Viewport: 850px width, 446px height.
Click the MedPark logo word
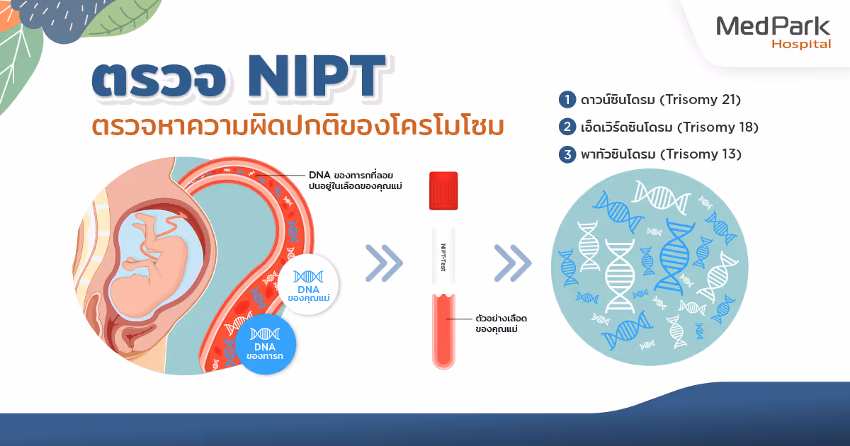click(773, 26)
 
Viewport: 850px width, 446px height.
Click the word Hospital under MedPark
click(800, 45)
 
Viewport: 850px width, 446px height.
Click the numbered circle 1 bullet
click(567, 100)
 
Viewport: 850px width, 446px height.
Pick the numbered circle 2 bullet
click(567, 127)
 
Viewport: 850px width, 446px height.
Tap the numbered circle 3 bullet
click(567, 154)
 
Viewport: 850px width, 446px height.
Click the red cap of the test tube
click(443, 191)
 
